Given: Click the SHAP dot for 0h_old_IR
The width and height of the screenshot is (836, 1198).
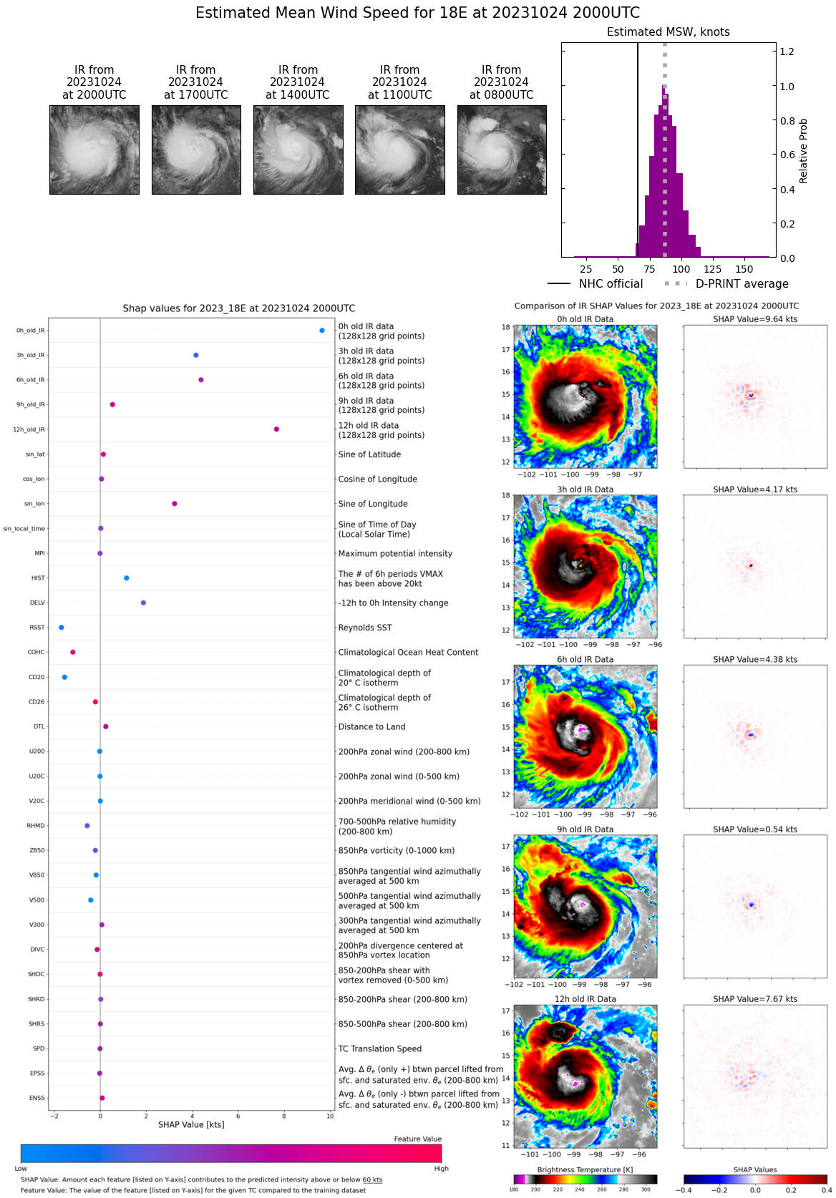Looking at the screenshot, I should (x=322, y=331).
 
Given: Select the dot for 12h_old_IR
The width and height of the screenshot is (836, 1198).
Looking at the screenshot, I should (x=276, y=429).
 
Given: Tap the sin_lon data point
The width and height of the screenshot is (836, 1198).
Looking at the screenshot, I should (x=175, y=504).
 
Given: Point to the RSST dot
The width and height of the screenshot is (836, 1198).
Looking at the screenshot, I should (x=62, y=628).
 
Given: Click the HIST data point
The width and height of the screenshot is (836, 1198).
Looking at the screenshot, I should (x=127, y=578).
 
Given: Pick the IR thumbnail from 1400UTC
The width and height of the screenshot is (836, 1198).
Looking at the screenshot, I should (x=298, y=150).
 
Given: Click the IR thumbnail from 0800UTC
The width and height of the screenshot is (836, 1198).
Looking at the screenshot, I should (x=502, y=150).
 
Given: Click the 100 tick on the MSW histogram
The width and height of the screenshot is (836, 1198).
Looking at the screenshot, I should (x=681, y=269).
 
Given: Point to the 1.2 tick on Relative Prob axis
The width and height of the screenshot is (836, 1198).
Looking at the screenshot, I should (x=787, y=52).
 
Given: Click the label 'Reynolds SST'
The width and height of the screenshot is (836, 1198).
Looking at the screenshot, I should (x=365, y=628).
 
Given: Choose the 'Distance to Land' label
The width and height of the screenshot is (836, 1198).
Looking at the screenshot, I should (x=371, y=726).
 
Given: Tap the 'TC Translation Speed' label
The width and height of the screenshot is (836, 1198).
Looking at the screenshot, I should (x=379, y=1048).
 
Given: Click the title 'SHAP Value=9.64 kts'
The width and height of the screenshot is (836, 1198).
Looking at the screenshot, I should (x=755, y=319).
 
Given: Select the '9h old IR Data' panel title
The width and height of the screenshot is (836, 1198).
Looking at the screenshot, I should (x=585, y=829).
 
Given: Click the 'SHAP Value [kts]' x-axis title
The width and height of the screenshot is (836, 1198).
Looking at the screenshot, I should (x=191, y=1125).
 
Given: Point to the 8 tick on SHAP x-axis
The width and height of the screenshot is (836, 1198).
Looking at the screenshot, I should (x=284, y=1116).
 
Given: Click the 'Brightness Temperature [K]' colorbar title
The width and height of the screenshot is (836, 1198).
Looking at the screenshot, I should (x=585, y=1170).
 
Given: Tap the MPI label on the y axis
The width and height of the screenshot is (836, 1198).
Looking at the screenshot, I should (x=40, y=553).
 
